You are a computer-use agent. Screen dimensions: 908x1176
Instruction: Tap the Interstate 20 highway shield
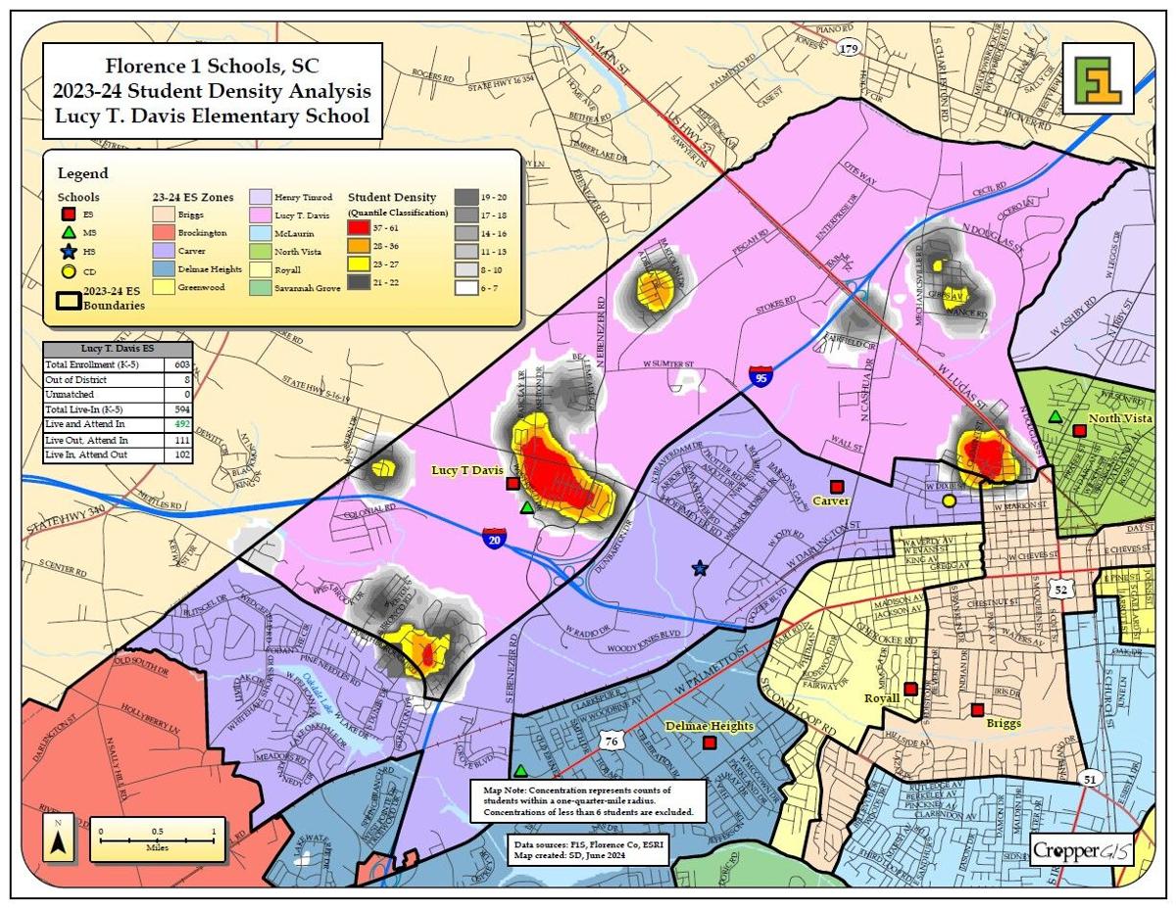(493, 537)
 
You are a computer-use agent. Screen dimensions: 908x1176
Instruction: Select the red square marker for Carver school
(836, 487)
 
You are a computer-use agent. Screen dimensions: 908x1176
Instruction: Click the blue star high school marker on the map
(700, 567)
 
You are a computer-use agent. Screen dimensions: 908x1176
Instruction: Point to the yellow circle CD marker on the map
(949, 502)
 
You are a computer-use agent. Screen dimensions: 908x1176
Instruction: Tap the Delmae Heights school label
(709, 726)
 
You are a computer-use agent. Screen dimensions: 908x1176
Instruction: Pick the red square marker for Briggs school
(977, 709)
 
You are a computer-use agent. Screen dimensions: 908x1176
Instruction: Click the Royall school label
(882, 698)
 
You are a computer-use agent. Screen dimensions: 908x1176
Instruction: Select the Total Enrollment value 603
(181, 364)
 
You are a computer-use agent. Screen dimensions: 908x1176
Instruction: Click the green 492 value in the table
(181, 425)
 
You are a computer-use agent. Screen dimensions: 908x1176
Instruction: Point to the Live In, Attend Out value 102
(181, 455)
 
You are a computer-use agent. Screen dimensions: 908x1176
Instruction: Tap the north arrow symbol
(58, 840)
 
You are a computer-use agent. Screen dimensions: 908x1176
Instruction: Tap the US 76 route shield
(612, 738)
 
